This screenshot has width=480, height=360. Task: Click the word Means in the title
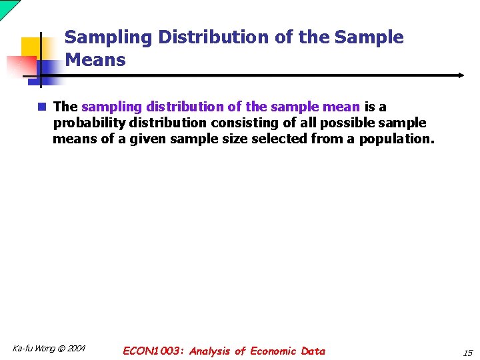(x=95, y=60)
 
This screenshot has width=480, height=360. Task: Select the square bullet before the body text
(x=42, y=107)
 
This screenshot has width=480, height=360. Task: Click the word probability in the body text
(x=89, y=123)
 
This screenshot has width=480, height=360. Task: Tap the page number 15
(x=467, y=352)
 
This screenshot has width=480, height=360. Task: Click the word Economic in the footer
(x=274, y=351)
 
